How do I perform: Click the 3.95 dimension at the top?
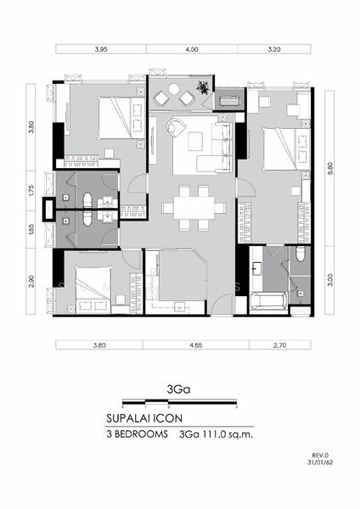[101, 49]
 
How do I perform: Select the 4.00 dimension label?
[192, 49]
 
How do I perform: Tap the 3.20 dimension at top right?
[274, 49]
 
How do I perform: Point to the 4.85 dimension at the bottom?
[196, 345]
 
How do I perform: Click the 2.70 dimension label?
[279, 345]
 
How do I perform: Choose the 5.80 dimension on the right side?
[330, 169]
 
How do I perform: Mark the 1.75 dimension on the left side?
[31, 191]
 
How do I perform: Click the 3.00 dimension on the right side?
[330, 280]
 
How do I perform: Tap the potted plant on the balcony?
[203, 87]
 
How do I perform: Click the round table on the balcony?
[174, 89]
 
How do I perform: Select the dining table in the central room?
[194, 208]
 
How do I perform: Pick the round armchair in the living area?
[176, 126]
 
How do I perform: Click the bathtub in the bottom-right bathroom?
[268, 301]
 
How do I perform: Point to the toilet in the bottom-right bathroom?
[301, 255]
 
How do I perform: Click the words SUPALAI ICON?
[144, 418]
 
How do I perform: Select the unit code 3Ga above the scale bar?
[178, 389]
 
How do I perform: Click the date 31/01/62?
[320, 462]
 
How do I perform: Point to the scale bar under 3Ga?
[180, 402]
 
